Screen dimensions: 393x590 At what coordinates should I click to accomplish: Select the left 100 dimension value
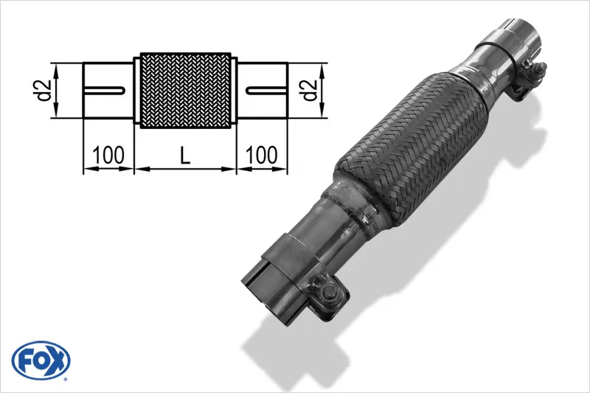[x=108, y=156]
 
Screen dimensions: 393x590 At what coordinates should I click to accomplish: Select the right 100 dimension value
[x=261, y=156]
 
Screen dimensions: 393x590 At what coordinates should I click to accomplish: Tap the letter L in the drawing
[x=185, y=156]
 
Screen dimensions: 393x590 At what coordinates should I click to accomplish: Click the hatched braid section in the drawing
[x=185, y=90]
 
